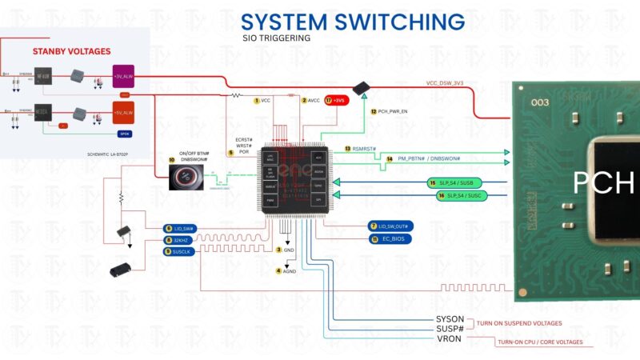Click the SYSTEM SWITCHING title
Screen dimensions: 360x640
(x=353, y=21)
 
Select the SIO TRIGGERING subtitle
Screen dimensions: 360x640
(x=276, y=38)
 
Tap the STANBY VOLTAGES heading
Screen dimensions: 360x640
(x=71, y=51)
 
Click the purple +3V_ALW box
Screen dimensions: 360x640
(x=124, y=76)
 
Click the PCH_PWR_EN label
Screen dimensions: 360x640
(x=394, y=111)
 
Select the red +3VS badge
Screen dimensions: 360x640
(x=339, y=100)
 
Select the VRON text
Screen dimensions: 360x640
(x=448, y=339)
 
